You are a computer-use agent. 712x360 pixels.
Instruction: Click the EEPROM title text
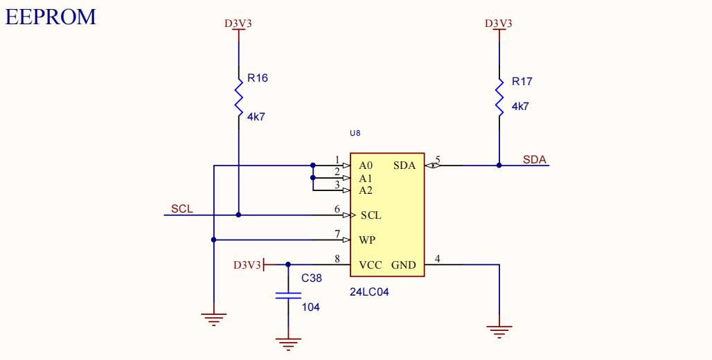pyautogui.click(x=51, y=17)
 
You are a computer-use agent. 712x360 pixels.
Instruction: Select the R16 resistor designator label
pyautogui.click(x=257, y=78)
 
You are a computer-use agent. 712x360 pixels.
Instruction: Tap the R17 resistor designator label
pyautogui.click(x=522, y=82)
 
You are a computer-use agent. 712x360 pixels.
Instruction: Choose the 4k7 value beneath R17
pyautogui.click(x=520, y=107)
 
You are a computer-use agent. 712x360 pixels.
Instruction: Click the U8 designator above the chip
pyautogui.click(x=355, y=133)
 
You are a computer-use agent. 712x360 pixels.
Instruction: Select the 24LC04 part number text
pyautogui.click(x=369, y=292)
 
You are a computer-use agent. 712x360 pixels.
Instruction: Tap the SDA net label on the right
pyautogui.click(x=534, y=160)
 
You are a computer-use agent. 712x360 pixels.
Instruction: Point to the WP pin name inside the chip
pyautogui.click(x=367, y=240)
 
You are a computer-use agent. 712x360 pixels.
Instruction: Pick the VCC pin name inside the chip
pyautogui.click(x=370, y=265)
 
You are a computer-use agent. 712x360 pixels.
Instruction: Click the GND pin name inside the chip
pyautogui.click(x=403, y=265)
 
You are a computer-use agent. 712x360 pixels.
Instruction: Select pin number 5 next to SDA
pyautogui.click(x=438, y=161)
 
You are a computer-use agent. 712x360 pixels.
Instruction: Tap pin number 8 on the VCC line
pyautogui.click(x=337, y=260)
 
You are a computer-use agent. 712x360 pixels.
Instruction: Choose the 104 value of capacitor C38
pyautogui.click(x=310, y=307)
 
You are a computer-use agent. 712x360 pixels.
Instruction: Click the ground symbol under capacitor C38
pyautogui.click(x=288, y=342)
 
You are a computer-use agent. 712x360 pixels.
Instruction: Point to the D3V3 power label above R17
pyautogui.click(x=499, y=24)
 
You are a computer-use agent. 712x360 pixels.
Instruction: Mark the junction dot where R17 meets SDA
pyautogui.click(x=499, y=165)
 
